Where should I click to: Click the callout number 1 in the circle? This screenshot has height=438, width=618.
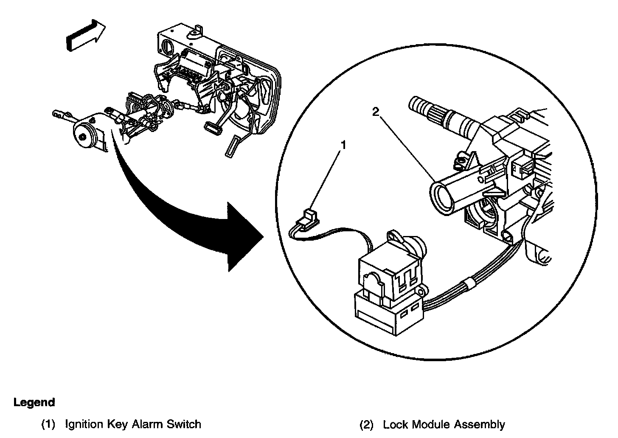pyautogui.click(x=344, y=146)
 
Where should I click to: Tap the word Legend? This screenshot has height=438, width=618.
pyautogui.click(x=34, y=402)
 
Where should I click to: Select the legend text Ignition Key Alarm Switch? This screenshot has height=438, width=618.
pyautogui.click(x=133, y=424)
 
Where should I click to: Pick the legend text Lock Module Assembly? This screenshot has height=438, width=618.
pyautogui.click(x=444, y=424)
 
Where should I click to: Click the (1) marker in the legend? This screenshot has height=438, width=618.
pyautogui.click(x=48, y=424)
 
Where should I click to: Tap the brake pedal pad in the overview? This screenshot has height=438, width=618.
pyautogui.click(x=212, y=128)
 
